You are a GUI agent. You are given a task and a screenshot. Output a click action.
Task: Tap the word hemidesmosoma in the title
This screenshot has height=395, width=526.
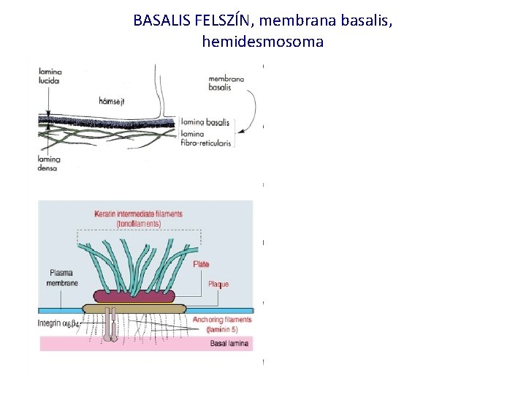pos(262,42)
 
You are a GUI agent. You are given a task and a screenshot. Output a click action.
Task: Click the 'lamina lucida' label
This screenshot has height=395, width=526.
pos(50,75)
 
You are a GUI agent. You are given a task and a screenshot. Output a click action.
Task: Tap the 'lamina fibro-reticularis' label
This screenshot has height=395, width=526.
pos(206,139)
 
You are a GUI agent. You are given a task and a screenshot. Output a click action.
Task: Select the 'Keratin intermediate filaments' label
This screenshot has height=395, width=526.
pos(138,218)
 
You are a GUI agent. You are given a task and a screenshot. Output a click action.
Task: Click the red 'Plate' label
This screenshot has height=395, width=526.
pos(201,264)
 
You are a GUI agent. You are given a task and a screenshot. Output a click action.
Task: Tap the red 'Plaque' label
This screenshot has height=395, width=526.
pos(218,284)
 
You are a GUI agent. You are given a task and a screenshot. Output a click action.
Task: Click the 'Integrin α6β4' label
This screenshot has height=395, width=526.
pos(62,323)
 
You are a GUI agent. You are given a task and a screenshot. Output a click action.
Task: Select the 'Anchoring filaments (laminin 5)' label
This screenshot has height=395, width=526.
pos(222,324)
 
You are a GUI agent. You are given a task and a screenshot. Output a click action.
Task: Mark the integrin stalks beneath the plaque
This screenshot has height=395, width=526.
pos(111,326)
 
